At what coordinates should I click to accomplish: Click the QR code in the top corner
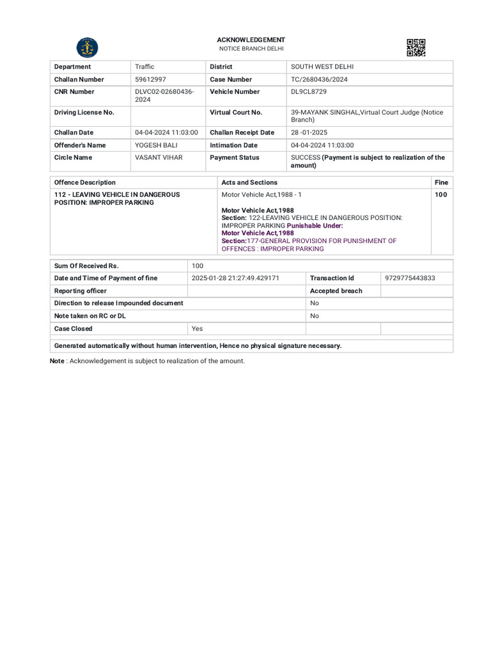(416, 48)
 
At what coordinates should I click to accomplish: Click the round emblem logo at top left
(88, 48)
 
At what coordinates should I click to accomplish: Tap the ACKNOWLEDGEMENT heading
(251, 40)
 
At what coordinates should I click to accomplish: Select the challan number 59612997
(151, 79)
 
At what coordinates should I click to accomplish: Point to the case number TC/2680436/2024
(319, 79)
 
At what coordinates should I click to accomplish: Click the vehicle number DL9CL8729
(309, 91)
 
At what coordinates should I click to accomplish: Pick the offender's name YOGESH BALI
(156, 145)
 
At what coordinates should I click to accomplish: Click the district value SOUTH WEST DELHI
(322, 67)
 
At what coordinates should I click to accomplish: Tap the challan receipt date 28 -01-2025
(309, 132)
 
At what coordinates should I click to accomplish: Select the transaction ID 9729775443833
(410, 278)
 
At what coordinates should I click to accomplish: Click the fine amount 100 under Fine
(441, 194)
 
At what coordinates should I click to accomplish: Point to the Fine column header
(441, 182)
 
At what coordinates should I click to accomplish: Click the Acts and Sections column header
(249, 182)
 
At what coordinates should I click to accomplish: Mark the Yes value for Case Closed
(198, 329)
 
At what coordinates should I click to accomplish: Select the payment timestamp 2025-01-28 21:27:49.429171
(235, 278)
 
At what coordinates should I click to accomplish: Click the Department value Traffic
(144, 67)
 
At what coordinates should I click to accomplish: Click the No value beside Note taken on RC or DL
(315, 316)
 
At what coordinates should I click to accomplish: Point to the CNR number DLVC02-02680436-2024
(164, 95)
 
